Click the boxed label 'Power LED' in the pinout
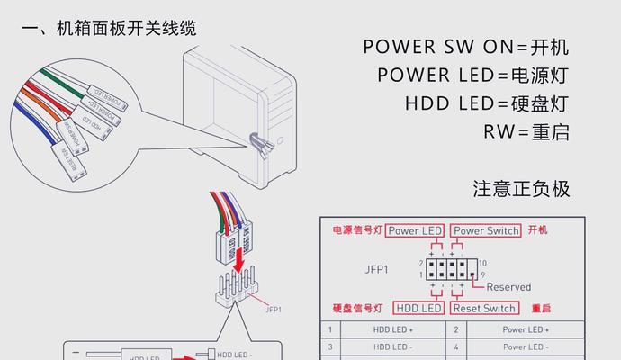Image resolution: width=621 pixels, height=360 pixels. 415,230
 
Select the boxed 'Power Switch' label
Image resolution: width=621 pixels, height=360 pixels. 486,230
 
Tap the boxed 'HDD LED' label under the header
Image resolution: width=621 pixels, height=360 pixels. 420,308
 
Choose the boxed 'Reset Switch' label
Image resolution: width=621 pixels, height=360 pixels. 485,308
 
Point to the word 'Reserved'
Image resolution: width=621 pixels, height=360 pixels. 508,287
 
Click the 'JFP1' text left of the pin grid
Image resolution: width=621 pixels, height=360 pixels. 376,268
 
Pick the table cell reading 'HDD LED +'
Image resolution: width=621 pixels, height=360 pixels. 392,329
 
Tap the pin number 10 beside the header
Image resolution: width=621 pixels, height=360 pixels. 482,262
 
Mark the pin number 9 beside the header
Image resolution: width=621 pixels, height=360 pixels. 482,274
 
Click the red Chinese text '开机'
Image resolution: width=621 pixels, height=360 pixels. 538,230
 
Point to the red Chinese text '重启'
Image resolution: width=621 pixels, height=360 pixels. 542,308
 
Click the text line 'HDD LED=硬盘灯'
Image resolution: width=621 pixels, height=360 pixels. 487,103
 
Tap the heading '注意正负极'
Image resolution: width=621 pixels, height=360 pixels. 521,190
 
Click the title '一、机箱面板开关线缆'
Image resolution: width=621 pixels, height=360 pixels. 108,29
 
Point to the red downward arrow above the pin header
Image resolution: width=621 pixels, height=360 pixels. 237,259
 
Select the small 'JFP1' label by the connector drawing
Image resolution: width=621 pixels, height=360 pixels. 274,309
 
